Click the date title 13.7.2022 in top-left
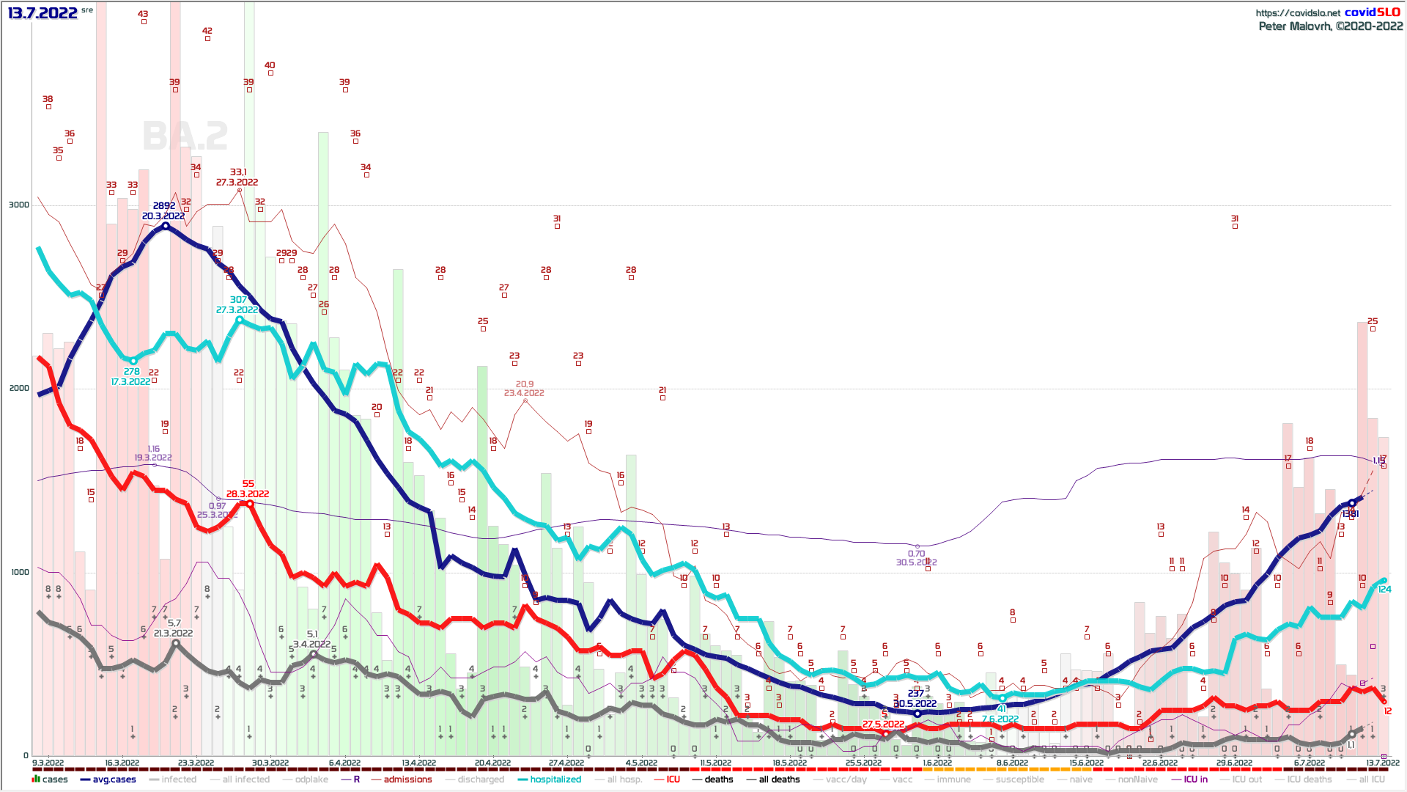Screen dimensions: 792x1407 tap(43, 12)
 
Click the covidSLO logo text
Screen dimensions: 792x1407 tap(1372, 12)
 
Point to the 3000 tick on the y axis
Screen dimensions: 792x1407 tap(18, 205)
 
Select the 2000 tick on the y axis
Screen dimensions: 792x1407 tap(18, 388)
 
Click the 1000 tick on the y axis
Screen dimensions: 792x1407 tap(18, 572)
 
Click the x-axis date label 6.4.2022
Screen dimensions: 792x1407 tap(344, 763)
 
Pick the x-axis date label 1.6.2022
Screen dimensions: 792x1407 tap(937, 763)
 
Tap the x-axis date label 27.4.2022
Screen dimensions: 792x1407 tap(566, 763)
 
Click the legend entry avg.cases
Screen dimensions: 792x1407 tap(114, 780)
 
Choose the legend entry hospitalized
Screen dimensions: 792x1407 tap(555, 780)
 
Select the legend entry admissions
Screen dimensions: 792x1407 tap(407, 780)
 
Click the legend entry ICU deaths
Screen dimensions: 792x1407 tap(1309, 780)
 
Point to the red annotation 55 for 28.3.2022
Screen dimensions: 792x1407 tap(248, 484)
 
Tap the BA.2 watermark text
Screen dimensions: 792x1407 tap(185, 136)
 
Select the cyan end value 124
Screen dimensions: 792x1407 tap(1384, 590)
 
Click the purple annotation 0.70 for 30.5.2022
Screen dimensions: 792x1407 tap(916, 554)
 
